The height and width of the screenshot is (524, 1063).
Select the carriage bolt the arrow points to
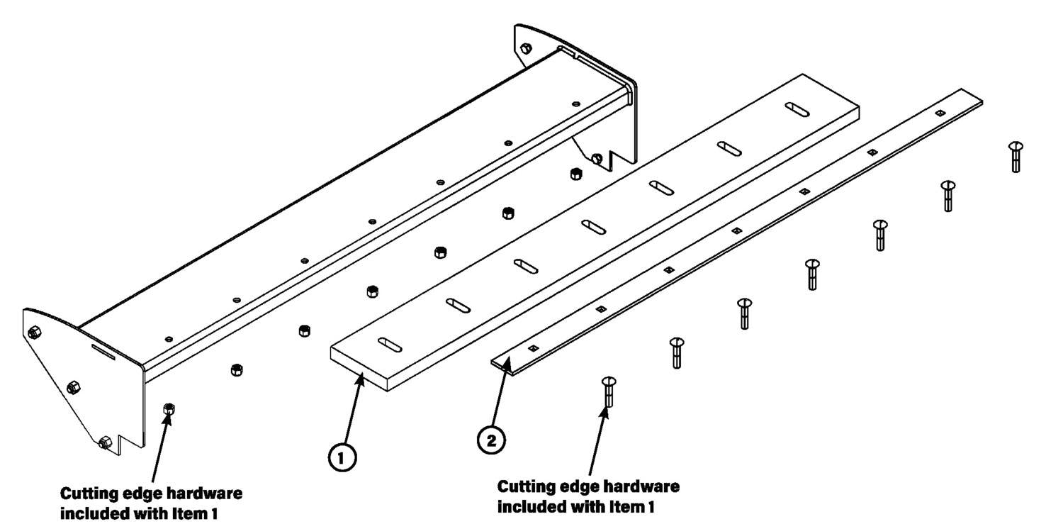(x=608, y=391)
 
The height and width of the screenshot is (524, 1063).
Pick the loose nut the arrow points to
(x=169, y=408)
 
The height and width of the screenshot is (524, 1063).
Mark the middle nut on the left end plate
(x=72, y=386)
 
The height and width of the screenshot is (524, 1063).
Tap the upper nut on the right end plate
(x=525, y=48)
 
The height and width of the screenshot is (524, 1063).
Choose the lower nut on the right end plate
(x=597, y=157)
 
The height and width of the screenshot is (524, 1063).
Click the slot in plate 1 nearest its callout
(x=390, y=345)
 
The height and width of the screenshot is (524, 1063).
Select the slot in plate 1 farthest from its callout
(x=797, y=109)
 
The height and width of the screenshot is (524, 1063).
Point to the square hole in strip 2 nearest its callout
(x=533, y=347)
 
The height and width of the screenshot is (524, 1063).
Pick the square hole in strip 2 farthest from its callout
(x=939, y=112)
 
